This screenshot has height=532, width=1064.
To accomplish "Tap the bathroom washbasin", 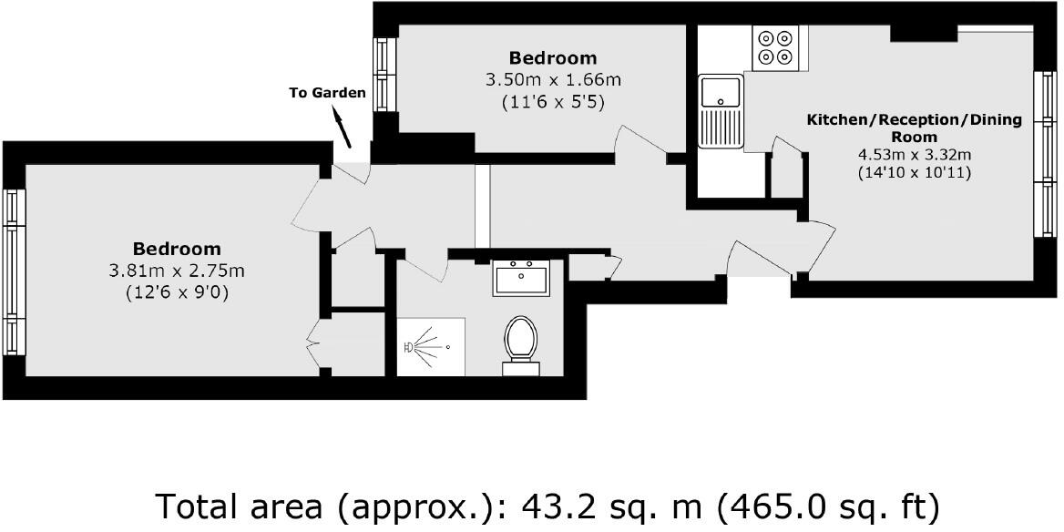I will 521,277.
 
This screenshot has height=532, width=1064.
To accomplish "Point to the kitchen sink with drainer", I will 721,110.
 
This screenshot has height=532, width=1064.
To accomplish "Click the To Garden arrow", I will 343,127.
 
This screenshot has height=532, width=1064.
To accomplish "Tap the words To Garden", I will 327,93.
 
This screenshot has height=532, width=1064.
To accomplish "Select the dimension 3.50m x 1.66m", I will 554,80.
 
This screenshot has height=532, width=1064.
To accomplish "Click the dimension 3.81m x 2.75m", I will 177,271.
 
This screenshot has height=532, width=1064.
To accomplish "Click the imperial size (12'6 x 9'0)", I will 177,293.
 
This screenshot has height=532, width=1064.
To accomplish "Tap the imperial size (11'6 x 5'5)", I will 554,103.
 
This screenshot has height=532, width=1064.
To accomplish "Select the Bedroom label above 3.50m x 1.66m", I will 553,58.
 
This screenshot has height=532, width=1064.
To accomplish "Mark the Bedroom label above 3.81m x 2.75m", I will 177,249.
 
